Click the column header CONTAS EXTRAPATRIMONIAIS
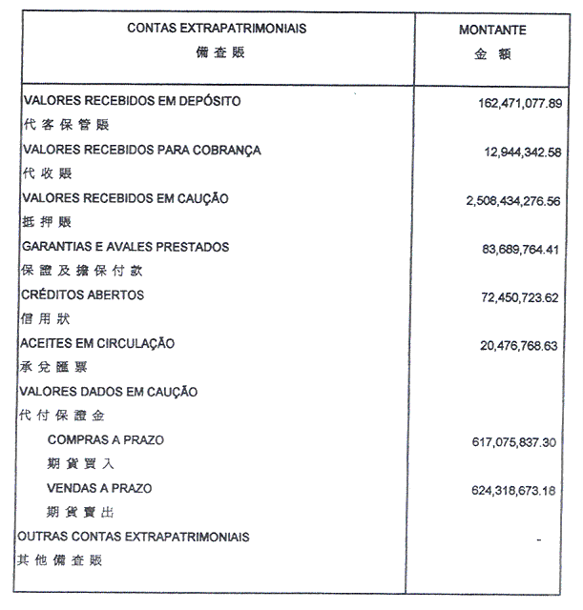click(218, 30)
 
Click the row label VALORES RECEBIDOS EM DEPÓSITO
click(132, 100)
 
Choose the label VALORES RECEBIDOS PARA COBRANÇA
click(141, 151)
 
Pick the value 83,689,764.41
click(515, 250)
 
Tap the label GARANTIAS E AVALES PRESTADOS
click(126, 247)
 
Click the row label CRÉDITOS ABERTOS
click(83, 295)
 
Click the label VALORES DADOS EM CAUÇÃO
click(110, 392)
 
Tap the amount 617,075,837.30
click(511, 443)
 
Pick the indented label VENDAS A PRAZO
click(99, 488)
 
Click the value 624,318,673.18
click(512, 492)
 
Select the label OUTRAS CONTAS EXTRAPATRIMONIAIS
click(134, 537)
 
